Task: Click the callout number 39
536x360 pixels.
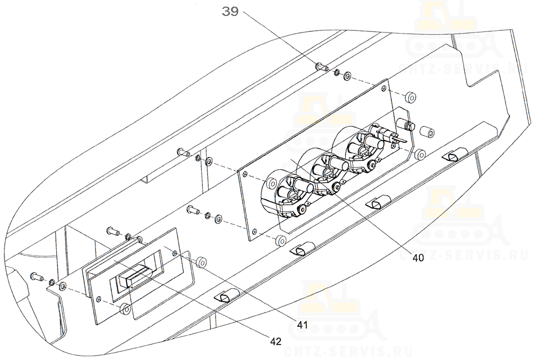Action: click(x=230, y=11)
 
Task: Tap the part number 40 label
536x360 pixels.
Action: click(x=418, y=258)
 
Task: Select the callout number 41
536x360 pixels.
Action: click(x=302, y=325)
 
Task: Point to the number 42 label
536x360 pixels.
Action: click(x=276, y=341)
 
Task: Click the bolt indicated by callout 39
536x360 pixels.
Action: click(x=322, y=66)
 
